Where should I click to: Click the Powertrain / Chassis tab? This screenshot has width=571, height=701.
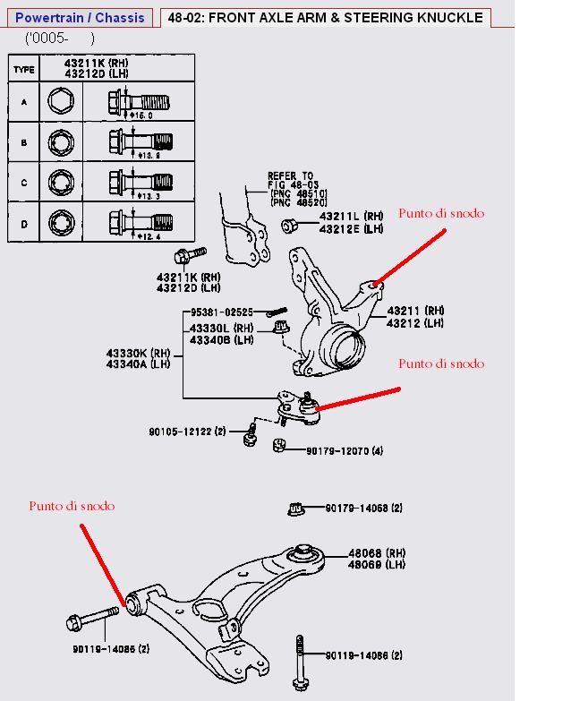click(80, 17)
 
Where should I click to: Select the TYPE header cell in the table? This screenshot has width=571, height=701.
click(24, 69)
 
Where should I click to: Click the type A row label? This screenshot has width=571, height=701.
click(24, 102)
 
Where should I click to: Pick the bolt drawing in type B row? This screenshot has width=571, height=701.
click(140, 142)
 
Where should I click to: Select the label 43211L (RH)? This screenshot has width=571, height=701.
click(350, 217)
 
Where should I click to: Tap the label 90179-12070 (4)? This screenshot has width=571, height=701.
click(345, 450)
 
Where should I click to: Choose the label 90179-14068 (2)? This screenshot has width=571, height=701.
click(363, 509)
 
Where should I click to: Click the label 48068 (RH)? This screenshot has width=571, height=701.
click(377, 553)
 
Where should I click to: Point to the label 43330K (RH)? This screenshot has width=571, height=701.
click(138, 353)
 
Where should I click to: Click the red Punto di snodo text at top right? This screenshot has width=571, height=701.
click(441, 213)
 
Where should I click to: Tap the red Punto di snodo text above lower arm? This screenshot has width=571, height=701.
click(72, 506)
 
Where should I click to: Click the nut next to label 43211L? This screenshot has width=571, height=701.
click(289, 225)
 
